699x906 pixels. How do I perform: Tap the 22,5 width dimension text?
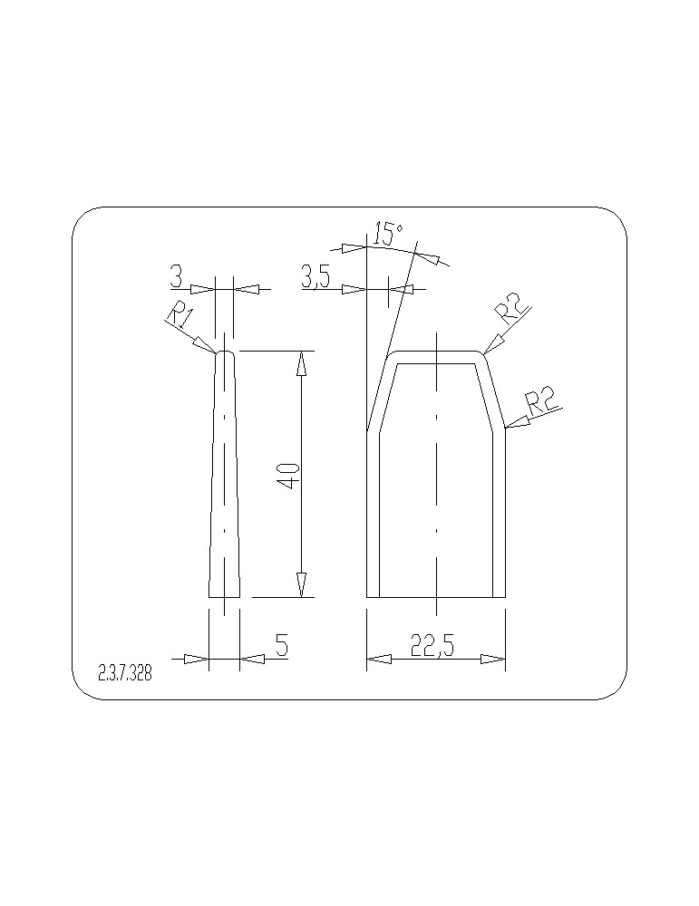pyautogui.click(x=432, y=645)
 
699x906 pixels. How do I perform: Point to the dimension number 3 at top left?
pyautogui.click(x=177, y=276)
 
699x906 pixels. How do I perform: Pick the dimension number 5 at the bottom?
pyautogui.click(x=282, y=645)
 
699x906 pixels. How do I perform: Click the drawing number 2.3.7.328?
pyautogui.click(x=125, y=674)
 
